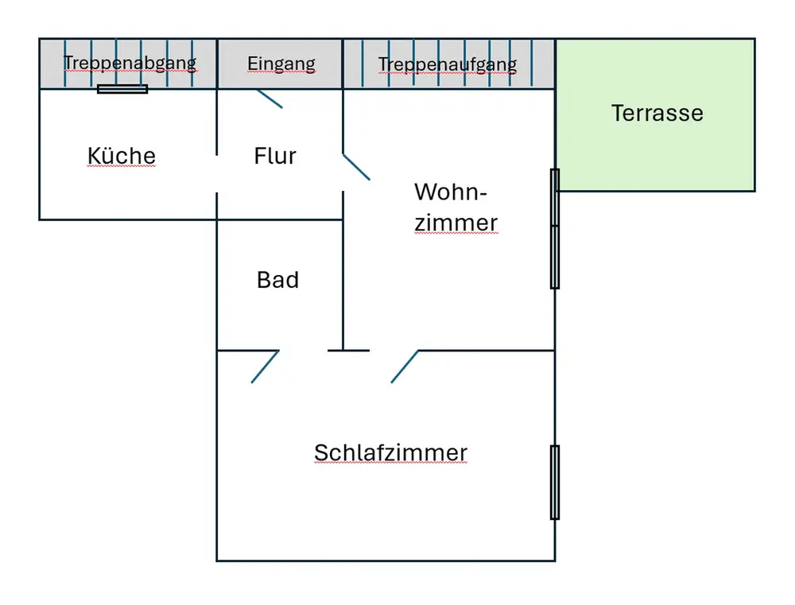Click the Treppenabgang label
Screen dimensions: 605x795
click(x=130, y=63)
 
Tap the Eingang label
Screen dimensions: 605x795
click(x=281, y=64)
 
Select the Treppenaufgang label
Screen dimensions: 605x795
click(x=448, y=64)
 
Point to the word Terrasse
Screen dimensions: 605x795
click(x=657, y=113)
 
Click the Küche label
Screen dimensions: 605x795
click(x=122, y=156)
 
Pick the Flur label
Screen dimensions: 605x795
click(x=275, y=156)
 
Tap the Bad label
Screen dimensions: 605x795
click(x=277, y=280)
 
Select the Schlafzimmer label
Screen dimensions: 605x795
click(x=390, y=453)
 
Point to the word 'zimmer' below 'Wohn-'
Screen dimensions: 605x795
click(x=456, y=223)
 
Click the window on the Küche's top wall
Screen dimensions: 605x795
click(x=122, y=89)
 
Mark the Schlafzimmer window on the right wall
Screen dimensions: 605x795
click(x=555, y=482)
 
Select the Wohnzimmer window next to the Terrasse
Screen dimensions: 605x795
click(x=555, y=228)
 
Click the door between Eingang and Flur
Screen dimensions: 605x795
click(x=270, y=99)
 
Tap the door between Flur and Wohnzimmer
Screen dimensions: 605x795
click(x=356, y=167)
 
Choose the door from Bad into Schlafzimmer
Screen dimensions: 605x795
click(x=265, y=366)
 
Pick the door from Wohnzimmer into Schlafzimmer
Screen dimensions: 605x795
click(x=405, y=366)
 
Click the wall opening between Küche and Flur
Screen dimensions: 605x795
click(x=217, y=173)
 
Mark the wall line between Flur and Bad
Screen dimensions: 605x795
click(x=280, y=219)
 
